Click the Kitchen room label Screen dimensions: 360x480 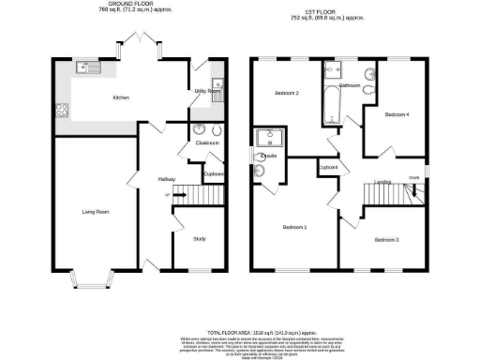[121, 97]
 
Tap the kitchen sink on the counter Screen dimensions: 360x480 [89, 67]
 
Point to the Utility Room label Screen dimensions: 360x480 [205, 91]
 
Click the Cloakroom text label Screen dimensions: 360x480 [207, 143]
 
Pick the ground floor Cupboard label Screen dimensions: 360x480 [214, 174]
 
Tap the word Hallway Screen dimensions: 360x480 [167, 178]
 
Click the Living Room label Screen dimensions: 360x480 [96, 212]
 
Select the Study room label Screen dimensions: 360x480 [199, 239]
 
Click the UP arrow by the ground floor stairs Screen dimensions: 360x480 [168, 195]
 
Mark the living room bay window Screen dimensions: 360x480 [94, 278]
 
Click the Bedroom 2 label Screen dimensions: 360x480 [286, 94]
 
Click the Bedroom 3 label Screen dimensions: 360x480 [387, 240]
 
